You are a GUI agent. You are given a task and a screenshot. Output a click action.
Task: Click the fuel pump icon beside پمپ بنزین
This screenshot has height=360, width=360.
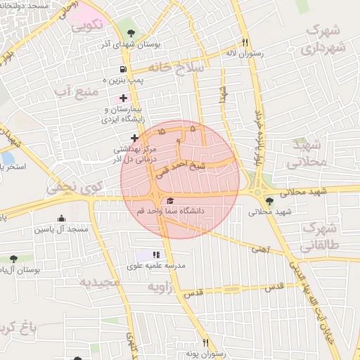pyautogui.click(x=124, y=70)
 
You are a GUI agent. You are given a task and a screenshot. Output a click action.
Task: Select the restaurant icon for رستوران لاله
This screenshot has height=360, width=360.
pyautogui.click(x=245, y=41)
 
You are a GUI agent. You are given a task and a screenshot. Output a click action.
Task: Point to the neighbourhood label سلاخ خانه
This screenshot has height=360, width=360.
pyautogui.click(x=176, y=67)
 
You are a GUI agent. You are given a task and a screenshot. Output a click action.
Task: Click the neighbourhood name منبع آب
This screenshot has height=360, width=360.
pyautogui.click(x=73, y=91)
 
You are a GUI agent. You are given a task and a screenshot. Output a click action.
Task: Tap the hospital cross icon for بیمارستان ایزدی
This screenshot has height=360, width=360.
pyautogui.click(x=124, y=98)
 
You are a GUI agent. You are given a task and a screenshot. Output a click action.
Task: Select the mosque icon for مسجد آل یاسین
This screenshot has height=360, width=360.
pyautogui.click(x=62, y=219)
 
